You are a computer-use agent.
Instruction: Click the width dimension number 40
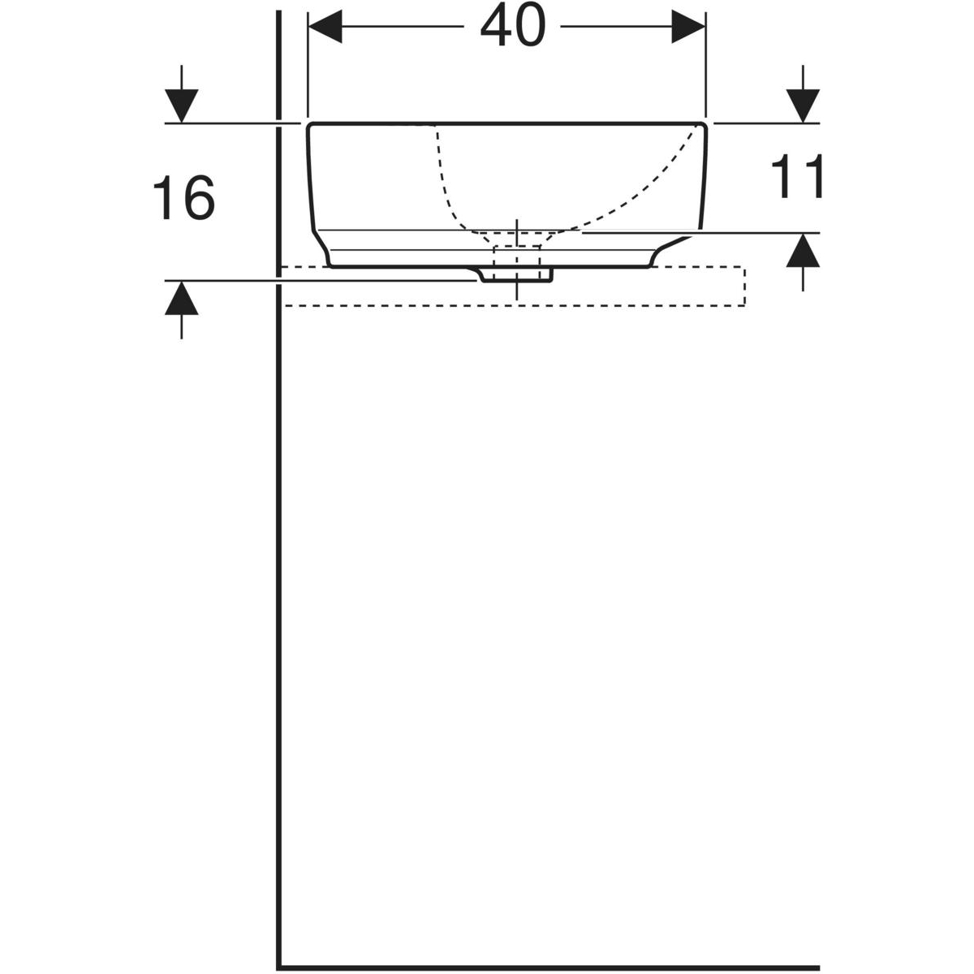click(x=513, y=24)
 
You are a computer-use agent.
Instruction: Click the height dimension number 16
click(x=184, y=197)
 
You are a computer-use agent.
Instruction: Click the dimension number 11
click(x=797, y=176)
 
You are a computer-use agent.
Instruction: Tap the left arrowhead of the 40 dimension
click(x=325, y=26)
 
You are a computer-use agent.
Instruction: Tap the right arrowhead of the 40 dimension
click(x=688, y=26)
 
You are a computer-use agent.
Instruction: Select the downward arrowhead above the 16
click(x=182, y=106)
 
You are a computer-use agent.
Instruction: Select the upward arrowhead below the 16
click(x=182, y=298)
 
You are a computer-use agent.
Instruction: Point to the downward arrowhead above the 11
click(x=803, y=106)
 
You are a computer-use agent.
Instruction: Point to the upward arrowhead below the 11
click(x=803, y=250)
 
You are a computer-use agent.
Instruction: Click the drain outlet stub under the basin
click(x=515, y=274)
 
